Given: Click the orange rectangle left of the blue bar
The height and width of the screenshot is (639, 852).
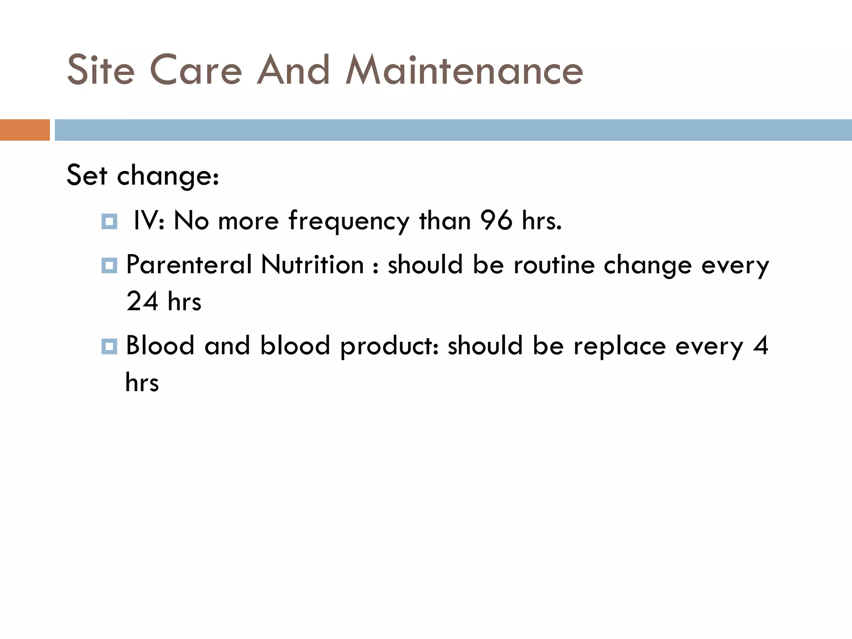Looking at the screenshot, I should click(25, 130).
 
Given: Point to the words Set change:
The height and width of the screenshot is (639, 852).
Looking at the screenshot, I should click(143, 175).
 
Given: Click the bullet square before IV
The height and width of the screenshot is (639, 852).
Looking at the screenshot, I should click(109, 221).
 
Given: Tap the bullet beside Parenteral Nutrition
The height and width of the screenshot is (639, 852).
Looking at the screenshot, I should click(109, 265).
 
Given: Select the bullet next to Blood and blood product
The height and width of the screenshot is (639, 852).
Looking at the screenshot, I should click(109, 346).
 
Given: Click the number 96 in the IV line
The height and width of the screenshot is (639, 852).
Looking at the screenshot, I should click(496, 220).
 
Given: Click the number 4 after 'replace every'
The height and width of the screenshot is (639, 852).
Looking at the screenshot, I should click(760, 346).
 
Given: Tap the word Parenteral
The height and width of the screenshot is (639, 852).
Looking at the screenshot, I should click(189, 265).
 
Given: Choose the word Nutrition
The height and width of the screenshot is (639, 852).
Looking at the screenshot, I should click(312, 265).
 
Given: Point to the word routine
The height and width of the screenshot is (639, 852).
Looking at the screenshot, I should click(554, 265).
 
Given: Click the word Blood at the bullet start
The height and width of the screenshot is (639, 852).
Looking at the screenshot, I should click(160, 346).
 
